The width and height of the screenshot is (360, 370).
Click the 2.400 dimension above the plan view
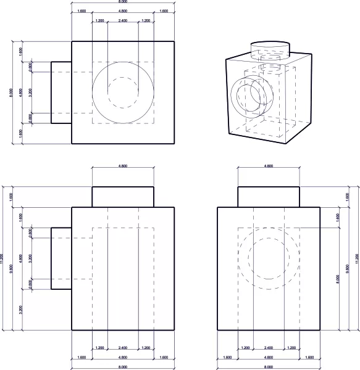click(x=123, y=21)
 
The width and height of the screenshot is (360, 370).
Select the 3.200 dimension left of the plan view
click(x=30, y=92)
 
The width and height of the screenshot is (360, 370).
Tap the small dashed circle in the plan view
click(x=123, y=92)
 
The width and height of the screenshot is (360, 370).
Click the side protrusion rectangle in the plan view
click(x=61, y=92)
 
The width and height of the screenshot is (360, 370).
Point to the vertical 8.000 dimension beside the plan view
click(x=11, y=92)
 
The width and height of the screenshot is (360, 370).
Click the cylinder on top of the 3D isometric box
click(x=269, y=49)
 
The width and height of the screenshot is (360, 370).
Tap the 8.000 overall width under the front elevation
click(x=123, y=368)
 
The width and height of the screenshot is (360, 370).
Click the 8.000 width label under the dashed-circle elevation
click(x=269, y=368)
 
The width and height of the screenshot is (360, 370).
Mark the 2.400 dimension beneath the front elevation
click(x=123, y=348)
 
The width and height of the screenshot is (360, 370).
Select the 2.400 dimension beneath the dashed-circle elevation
click(x=269, y=348)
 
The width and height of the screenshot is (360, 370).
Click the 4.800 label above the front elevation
click(x=123, y=166)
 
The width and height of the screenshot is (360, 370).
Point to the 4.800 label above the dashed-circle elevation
click(x=269, y=166)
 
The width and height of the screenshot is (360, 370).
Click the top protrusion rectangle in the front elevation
click(x=123, y=197)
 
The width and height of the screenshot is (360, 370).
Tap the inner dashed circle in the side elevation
click(x=269, y=258)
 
